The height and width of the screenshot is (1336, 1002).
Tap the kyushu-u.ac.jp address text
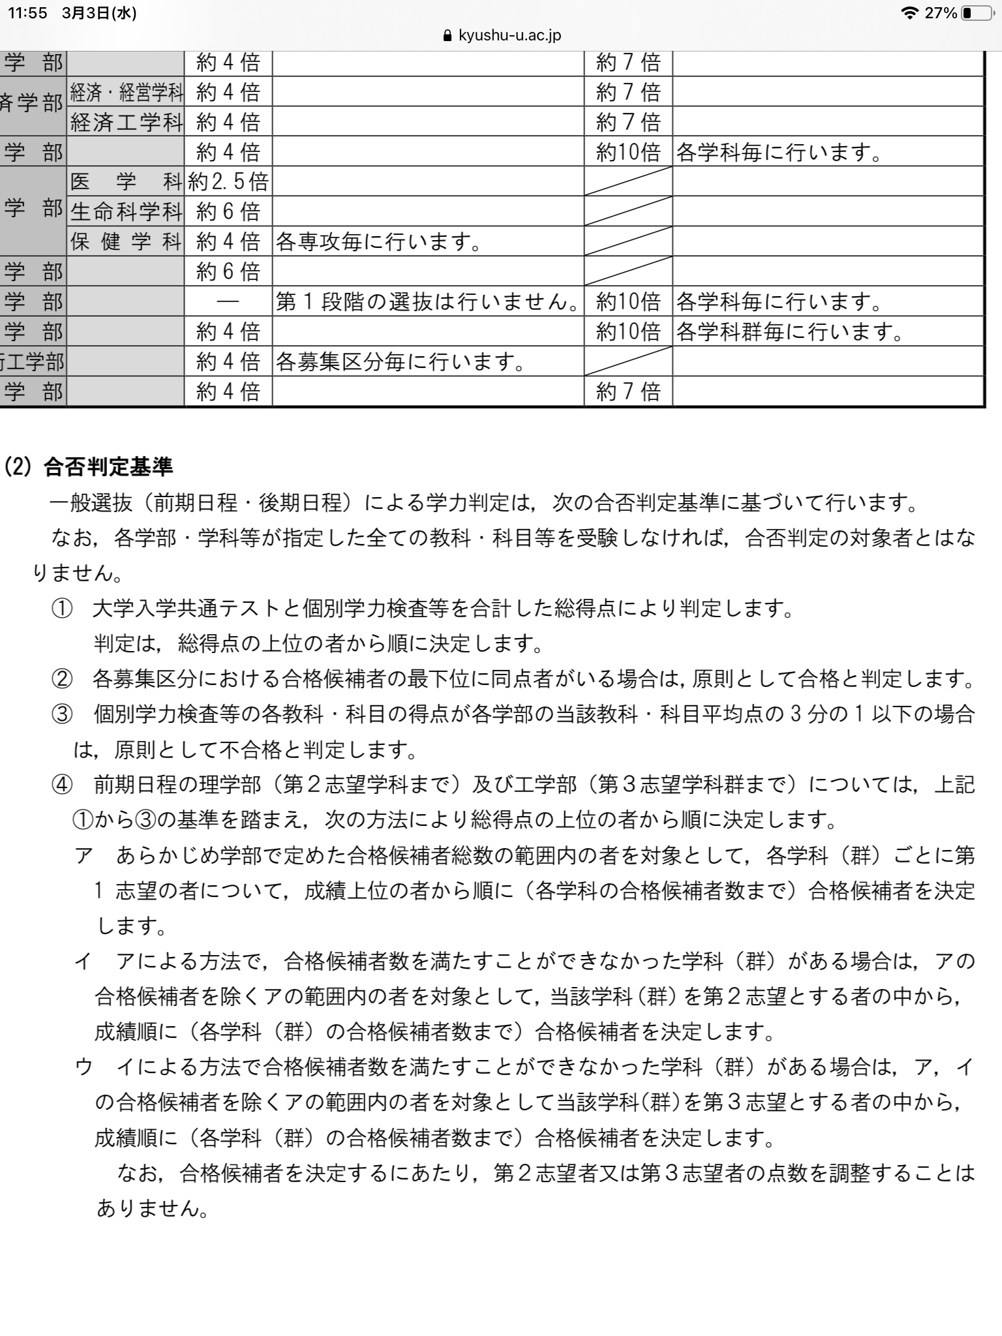point(509,35)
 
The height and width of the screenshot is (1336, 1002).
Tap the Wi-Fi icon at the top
point(908,13)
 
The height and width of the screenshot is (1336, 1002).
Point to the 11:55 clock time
point(27,13)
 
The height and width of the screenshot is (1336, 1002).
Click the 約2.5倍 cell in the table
point(228,181)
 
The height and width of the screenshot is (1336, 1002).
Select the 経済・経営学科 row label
point(127,92)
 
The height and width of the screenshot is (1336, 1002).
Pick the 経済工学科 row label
point(127,122)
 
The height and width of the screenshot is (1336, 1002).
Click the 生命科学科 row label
point(127,211)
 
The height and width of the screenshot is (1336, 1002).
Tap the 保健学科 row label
point(127,241)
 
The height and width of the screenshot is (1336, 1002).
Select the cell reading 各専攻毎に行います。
point(379,242)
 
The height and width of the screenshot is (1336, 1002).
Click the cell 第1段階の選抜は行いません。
point(427,301)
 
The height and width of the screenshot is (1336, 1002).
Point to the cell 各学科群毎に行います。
point(789,331)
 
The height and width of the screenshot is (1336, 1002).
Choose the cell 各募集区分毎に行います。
point(401,361)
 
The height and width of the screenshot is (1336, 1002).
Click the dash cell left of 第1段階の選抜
point(228,302)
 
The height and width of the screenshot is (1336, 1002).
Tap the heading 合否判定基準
point(108,466)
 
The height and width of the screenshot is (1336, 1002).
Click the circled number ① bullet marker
point(62,609)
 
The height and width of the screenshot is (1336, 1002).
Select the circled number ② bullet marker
point(62,680)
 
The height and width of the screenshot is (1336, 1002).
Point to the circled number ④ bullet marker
point(62,784)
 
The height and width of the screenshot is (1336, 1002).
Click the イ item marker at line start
point(83,961)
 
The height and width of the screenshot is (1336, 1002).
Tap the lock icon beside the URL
point(448,36)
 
